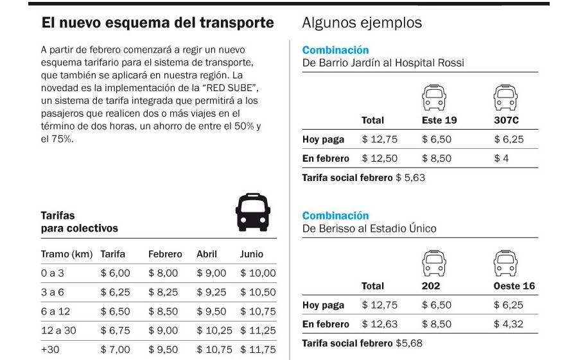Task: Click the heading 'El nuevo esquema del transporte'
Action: click(x=157, y=24)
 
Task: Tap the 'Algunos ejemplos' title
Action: click(x=362, y=23)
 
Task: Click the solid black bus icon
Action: click(x=252, y=212)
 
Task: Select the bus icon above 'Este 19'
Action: click(x=433, y=97)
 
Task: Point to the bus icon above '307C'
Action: click(x=505, y=97)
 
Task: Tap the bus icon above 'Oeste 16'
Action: click(x=505, y=263)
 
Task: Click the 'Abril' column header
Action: click(x=208, y=254)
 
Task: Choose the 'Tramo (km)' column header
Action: click(x=67, y=254)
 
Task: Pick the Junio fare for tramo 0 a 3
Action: click(x=257, y=273)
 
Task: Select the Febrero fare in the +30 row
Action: click(x=163, y=350)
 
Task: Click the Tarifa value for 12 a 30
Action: click(x=116, y=330)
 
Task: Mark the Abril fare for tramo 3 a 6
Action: click(x=211, y=292)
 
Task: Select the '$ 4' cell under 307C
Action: click(x=501, y=159)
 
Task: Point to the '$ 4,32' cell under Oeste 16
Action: click(x=509, y=324)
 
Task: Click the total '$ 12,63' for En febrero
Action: click(x=380, y=324)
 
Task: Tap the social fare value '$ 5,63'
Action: click(x=410, y=177)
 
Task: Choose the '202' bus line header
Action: click(x=431, y=286)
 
